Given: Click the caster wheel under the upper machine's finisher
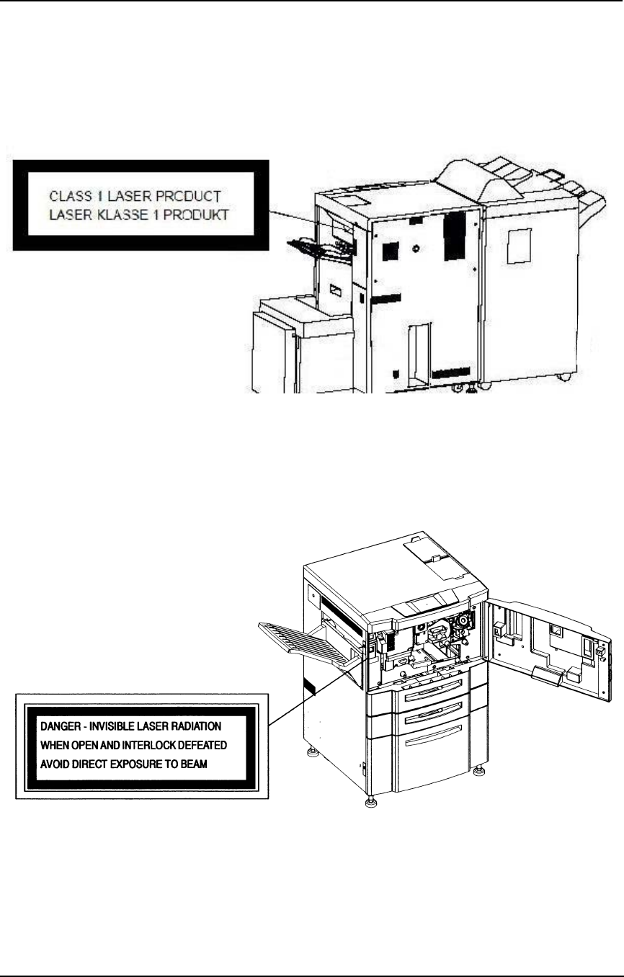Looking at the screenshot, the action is (x=563, y=378).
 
